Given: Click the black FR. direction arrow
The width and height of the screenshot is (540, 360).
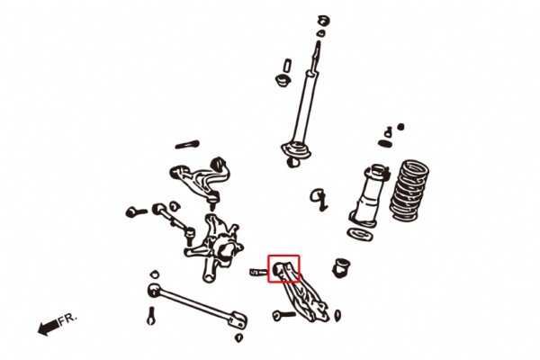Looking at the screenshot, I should pos(47,328).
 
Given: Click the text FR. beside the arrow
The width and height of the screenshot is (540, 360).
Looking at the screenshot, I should pos(68,319).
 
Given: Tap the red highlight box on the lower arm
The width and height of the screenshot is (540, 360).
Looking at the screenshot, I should pos(283,267).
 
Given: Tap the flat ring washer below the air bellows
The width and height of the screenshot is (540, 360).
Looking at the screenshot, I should pos(360,234).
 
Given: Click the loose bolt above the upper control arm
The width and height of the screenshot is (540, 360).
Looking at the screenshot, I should pos(187,143).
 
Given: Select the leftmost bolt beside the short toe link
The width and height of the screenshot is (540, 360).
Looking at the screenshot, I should pos(135,212).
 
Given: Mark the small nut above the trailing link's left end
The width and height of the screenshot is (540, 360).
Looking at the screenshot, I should pos(154,273).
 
